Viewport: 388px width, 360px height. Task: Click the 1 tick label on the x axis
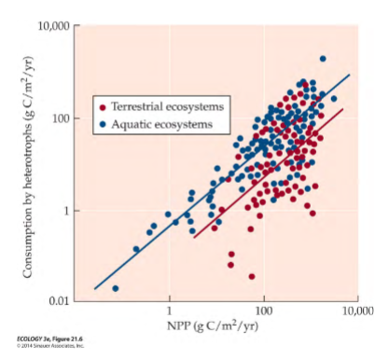pos(169,311)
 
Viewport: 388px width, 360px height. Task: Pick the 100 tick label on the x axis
pos(263,311)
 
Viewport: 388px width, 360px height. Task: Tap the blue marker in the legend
pos(102,123)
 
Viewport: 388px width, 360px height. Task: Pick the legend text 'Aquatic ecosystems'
pos(157,123)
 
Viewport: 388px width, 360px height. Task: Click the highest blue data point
pos(323,59)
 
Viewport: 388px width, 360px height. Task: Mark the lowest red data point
pos(252,276)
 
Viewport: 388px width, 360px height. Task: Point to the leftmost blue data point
pos(116,288)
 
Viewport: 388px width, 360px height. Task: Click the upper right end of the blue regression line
pos(350,76)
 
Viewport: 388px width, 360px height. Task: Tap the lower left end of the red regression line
pos(194,237)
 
